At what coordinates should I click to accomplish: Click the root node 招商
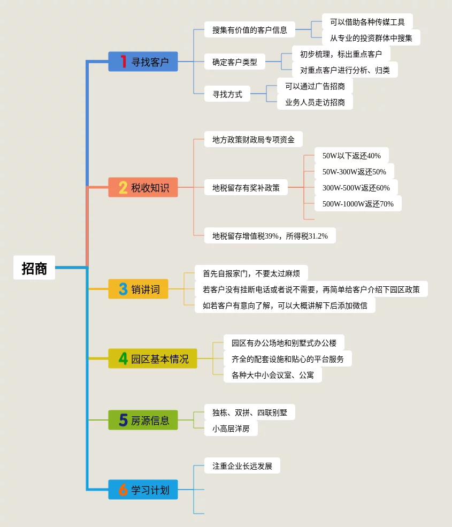pyautogui.click(x=34, y=268)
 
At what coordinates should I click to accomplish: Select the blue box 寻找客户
pyautogui.click(x=143, y=62)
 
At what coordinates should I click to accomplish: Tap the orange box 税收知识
pyautogui.click(x=143, y=187)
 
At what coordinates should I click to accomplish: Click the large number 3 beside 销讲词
pyautogui.click(x=123, y=289)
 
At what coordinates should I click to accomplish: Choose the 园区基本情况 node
pyautogui.click(x=152, y=358)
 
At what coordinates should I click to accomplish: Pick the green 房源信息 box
pyautogui.click(x=143, y=420)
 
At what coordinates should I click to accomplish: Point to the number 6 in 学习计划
pyautogui.click(x=123, y=490)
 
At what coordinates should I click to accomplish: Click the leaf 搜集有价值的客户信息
pyautogui.click(x=250, y=30)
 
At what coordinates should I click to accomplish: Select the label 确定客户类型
pyautogui.click(x=235, y=62)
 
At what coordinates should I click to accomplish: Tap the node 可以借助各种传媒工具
pyautogui.click(x=367, y=22)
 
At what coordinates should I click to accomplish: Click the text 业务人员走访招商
pyautogui.click(x=315, y=102)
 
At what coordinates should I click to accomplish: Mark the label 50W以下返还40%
pyautogui.click(x=351, y=156)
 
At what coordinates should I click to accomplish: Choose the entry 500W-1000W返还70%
pyautogui.click(x=358, y=204)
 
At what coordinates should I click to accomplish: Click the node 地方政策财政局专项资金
pyautogui.click(x=254, y=140)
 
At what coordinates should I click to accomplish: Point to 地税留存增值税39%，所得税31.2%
pyautogui.click(x=270, y=236)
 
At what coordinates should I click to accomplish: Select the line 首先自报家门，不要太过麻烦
pyautogui.click(x=251, y=273)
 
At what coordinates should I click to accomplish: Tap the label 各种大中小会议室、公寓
pyautogui.click(x=273, y=375)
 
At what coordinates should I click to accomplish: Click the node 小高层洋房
pyautogui.click(x=231, y=429)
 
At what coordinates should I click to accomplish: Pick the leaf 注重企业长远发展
pyautogui.click(x=242, y=466)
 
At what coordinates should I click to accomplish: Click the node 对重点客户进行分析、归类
pyautogui.click(x=345, y=70)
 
